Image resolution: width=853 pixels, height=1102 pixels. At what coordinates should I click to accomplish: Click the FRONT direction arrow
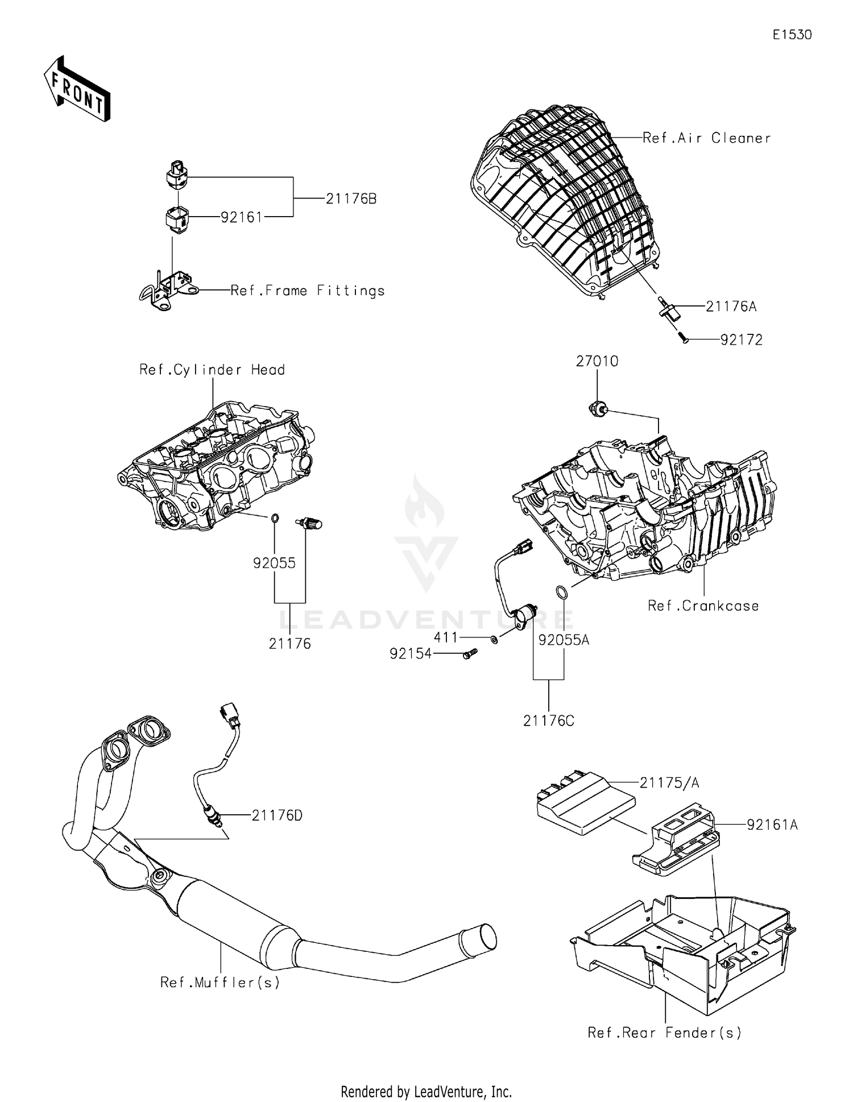(77, 89)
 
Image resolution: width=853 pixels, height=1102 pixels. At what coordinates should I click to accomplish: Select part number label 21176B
(351, 199)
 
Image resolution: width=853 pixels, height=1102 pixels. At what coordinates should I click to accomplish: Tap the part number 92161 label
(241, 217)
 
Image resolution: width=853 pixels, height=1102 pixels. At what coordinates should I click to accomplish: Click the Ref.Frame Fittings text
(308, 291)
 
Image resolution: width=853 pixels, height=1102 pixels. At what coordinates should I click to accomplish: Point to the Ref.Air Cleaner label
(706, 138)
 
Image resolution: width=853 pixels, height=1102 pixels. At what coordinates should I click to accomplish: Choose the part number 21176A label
(731, 306)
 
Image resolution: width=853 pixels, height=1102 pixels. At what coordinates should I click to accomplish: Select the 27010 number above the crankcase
(597, 361)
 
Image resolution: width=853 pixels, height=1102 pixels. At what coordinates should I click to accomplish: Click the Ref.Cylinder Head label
(212, 370)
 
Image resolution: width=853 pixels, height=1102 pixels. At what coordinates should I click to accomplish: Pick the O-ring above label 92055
(275, 518)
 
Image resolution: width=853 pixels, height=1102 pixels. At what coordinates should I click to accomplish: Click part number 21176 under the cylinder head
(289, 644)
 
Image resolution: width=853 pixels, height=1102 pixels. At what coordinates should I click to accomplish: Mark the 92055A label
(564, 640)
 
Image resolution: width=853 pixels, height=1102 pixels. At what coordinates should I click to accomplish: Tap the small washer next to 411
(494, 640)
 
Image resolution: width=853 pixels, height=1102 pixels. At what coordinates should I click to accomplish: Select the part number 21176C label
(549, 721)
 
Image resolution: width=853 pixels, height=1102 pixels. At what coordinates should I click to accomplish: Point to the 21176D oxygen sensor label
(277, 815)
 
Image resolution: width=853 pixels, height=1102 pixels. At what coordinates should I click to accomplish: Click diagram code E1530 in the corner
(792, 35)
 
